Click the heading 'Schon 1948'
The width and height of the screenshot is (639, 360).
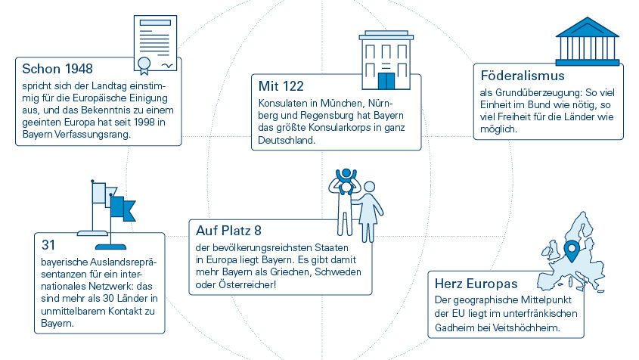57,69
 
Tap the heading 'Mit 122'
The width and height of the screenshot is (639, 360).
281,86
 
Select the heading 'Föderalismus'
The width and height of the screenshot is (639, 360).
523,76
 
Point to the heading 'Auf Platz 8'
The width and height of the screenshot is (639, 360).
228,231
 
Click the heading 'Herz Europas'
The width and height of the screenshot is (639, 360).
476,284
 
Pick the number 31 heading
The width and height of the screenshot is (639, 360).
48,244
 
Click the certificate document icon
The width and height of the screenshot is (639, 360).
155,44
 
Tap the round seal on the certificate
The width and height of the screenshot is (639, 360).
144,64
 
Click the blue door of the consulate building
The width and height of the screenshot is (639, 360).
386,81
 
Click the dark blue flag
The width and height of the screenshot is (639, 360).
123,207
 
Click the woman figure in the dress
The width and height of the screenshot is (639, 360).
369,211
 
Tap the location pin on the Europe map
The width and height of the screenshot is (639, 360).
572,250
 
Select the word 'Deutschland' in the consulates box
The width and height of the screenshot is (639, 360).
287,140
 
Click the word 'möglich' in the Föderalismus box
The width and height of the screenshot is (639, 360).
498,129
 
